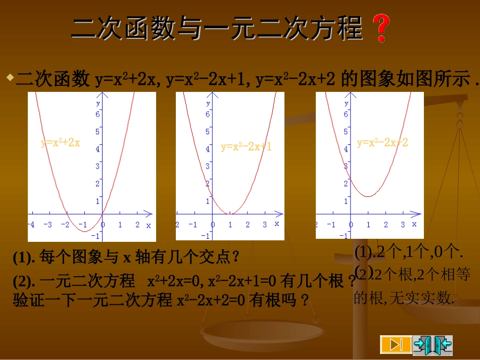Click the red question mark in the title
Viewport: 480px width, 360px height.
point(381,28)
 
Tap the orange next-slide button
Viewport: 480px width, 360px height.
point(396,344)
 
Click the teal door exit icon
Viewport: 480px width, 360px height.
point(433,344)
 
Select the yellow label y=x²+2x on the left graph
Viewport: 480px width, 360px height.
point(61,143)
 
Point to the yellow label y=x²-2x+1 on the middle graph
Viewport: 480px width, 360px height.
point(246,147)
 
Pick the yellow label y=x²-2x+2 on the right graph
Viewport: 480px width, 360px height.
point(382,143)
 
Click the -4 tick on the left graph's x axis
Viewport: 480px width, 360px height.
point(31,224)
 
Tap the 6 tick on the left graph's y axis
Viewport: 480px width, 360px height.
point(98,114)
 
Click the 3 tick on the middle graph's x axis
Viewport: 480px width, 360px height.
point(265,225)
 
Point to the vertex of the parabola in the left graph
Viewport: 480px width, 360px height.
point(85,231)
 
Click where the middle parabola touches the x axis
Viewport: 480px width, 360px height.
point(230,214)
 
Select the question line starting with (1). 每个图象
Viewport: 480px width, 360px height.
point(126,258)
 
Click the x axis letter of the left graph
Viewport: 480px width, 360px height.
point(149,225)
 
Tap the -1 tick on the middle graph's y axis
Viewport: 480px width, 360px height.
point(205,236)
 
